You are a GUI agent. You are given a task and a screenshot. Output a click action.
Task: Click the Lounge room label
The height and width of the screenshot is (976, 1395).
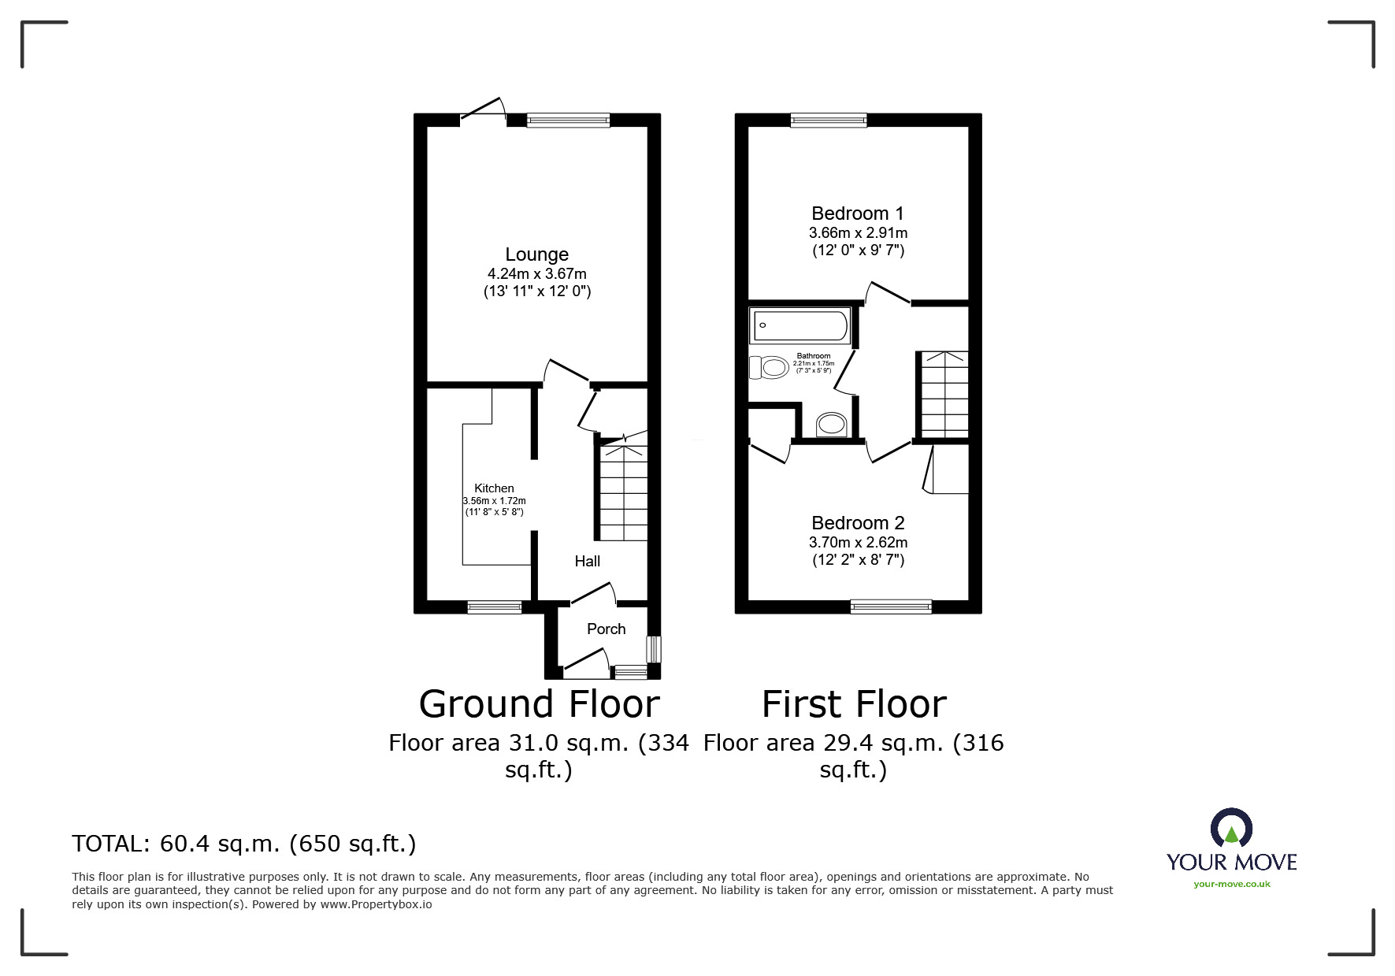coord(536,254)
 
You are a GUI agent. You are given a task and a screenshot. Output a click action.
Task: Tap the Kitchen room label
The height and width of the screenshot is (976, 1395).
coord(494,488)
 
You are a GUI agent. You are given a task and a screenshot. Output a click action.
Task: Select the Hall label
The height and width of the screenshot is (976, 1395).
coord(587,561)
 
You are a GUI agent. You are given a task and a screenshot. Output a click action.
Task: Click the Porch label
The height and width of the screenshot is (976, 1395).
coord(606,629)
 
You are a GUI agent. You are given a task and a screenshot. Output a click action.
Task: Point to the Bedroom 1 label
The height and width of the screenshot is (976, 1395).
coord(858,213)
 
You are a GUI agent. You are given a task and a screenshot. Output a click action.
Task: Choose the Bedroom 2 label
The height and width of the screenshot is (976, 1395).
coord(858,523)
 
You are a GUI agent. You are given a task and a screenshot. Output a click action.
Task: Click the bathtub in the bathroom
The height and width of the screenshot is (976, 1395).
coord(800,325)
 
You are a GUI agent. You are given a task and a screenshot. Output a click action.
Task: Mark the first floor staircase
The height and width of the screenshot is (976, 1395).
coord(944,393)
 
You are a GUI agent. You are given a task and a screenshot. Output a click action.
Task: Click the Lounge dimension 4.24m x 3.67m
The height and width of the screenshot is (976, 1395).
coord(536,274)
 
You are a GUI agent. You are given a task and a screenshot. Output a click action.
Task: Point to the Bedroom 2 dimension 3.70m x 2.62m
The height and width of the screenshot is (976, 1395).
coord(858,543)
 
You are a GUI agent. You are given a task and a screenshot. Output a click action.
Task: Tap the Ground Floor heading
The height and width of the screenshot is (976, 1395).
coord(539,704)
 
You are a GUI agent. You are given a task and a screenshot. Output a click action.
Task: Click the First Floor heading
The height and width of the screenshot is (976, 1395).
coord(854,704)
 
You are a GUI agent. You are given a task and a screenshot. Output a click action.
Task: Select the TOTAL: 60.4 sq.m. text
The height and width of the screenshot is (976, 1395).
coord(243,844)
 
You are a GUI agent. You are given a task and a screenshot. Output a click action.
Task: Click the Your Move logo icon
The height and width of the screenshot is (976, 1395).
coord(1231,829)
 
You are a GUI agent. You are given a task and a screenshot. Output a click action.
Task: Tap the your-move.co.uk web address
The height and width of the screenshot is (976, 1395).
coord(1231,884)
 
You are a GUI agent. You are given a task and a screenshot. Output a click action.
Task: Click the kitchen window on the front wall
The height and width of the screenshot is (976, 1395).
coord(494,607)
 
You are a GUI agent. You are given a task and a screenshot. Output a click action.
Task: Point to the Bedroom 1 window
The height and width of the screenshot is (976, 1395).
coord(829,121)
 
